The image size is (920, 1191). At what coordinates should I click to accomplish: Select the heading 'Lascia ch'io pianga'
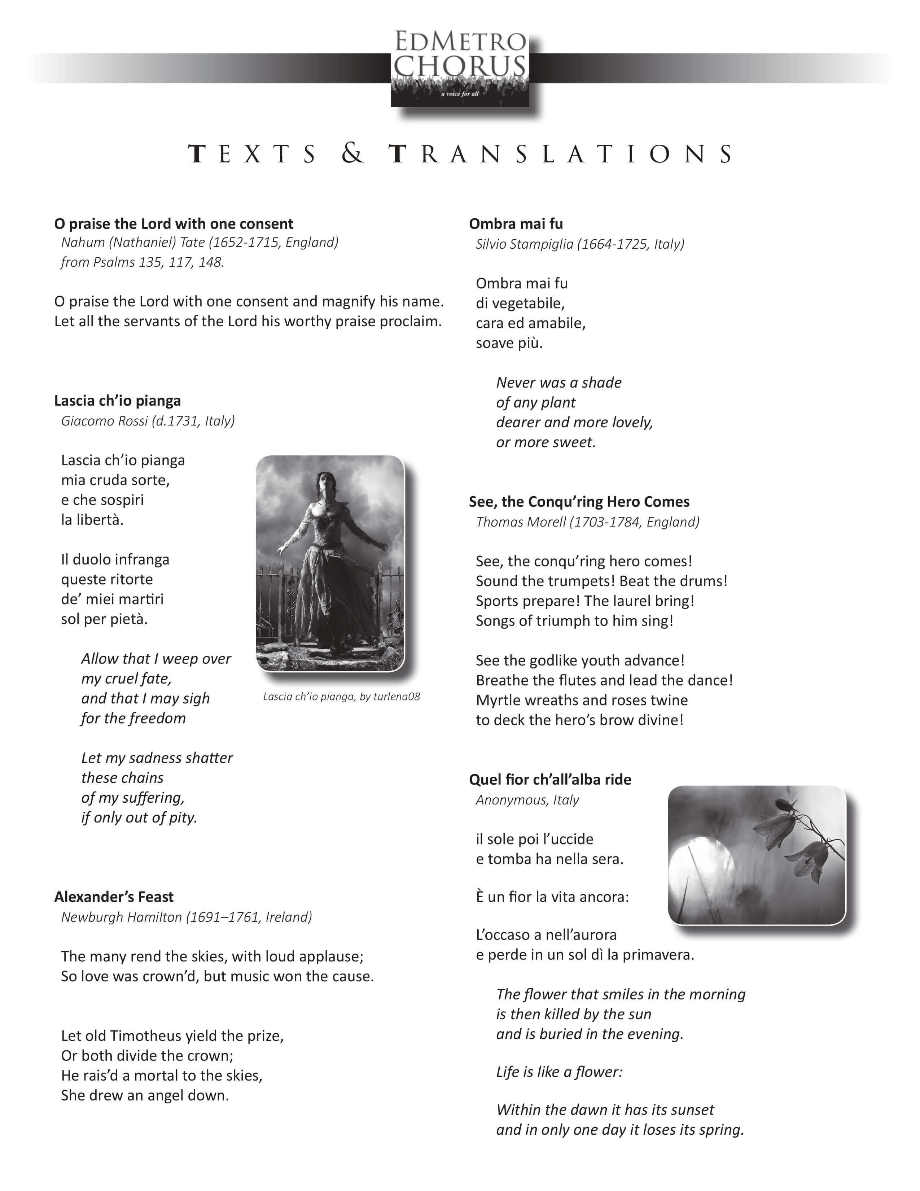pos(117,401)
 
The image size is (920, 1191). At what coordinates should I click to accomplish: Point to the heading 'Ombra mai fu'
pos(516,224)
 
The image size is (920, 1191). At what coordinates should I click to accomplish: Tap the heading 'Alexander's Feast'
pos(113,897)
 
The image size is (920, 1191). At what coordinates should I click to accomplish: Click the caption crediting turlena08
pos(341,697)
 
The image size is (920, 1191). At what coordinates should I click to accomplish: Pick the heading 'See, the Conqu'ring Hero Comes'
pos(579,502)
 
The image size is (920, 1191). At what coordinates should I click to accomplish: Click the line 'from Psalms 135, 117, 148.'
pos(142,262)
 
